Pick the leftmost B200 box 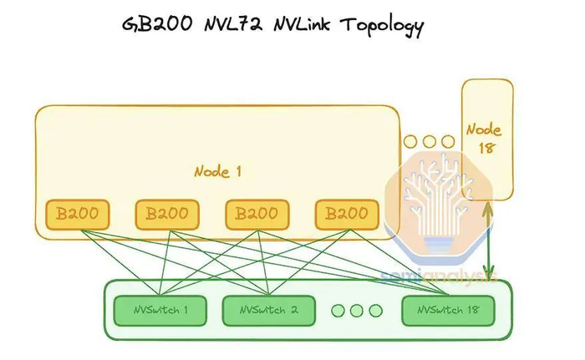click(x=77, y=215)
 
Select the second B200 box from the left click(x=167, y=215)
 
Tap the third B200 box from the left click(x=257, y=215)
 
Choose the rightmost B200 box click(x=347, y=215)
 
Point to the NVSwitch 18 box click(x=448, y=311)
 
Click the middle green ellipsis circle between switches click(x=357, y=311)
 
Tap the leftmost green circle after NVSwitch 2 click(x=338, y=311)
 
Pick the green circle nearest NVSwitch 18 click(x=375, y=311)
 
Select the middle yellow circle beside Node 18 click(x=430, y=142)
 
